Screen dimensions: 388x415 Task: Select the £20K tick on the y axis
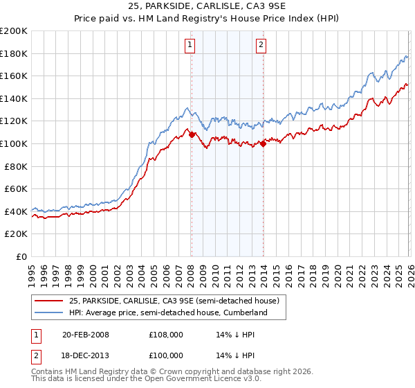pyautogui.click(x=16, y=234)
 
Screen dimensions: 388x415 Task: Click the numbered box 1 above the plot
pyautogui.click(x=190, y=46)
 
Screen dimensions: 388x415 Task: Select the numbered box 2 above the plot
pyautogui.click(x=261, y=46)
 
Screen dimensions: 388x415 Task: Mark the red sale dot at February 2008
pyautogui.click(x=192, y=134)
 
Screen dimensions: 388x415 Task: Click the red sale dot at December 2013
pyautogui.click(x=263, y=143)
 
